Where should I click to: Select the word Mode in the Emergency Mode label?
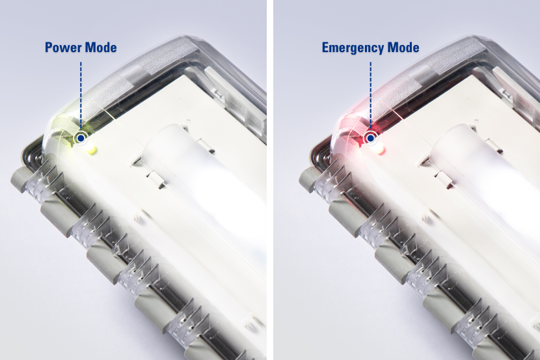[x=403, y=48]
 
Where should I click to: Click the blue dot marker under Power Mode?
[x=81, y=138]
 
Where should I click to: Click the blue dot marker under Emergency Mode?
[x=371, y=138]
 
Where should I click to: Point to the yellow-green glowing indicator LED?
[x=91, y=150]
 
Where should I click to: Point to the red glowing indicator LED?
[x=380, y=150]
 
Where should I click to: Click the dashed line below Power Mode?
[x=81, y=96]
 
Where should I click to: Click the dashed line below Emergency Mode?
[x=371, y=96]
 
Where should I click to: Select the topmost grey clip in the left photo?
[x=20, y=179]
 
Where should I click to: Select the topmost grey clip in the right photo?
[x=309, y=179]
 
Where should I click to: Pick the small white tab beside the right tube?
[x=445, y=179]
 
